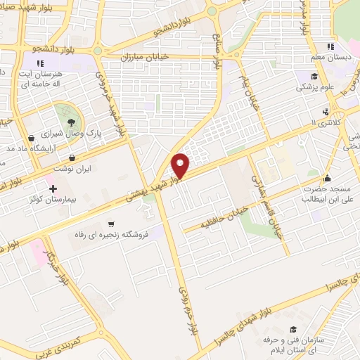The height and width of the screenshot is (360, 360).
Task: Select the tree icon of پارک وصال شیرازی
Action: coord(70,122)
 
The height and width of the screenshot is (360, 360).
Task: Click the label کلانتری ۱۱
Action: coord(325,123)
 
